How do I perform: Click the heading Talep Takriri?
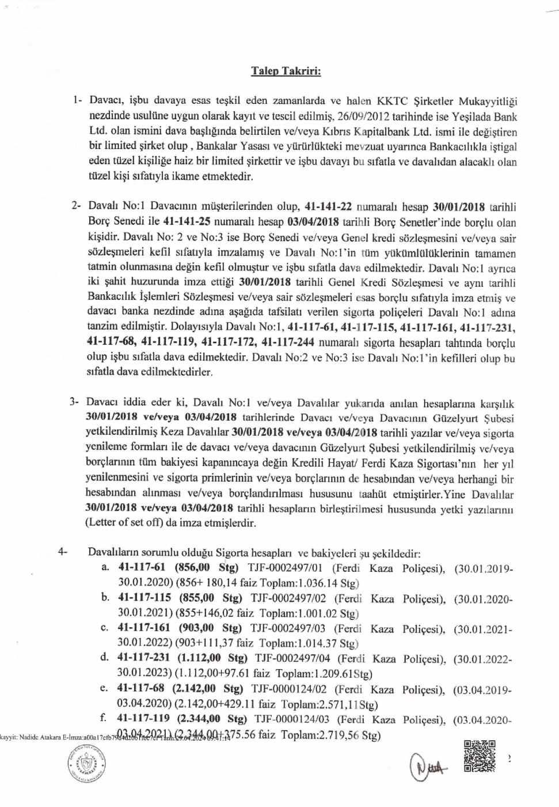coord(286,71)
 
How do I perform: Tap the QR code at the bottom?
coord(479,756)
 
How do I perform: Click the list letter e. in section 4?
coord(104,688)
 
